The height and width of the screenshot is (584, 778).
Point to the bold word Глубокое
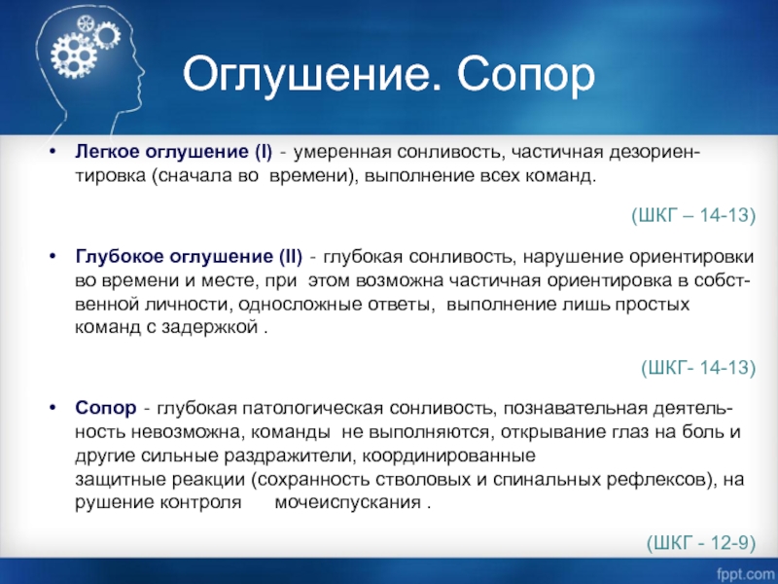click(120, 256)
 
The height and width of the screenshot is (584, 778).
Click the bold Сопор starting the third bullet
click(106, 408)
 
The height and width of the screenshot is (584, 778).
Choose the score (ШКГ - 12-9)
click(701, 543)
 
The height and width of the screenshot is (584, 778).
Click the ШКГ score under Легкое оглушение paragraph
click(693, 215)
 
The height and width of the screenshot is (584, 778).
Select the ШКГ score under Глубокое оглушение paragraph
click(698, 368)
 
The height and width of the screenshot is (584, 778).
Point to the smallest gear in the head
click(86, 22)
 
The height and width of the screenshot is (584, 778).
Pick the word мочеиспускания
click(348, 502)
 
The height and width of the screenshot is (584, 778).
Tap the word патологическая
click(312, 409)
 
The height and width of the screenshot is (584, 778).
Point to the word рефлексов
click(659, 480)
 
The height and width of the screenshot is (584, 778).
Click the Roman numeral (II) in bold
click(290, 257)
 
